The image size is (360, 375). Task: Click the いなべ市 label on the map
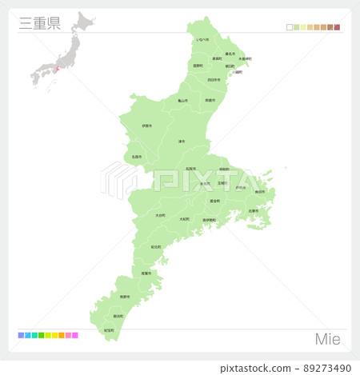coord(203,39)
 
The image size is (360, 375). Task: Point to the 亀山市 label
coord(182,101)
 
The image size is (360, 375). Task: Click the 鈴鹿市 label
coord(210,100)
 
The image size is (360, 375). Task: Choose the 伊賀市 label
coord(146,126)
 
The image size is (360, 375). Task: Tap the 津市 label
coord(182,142)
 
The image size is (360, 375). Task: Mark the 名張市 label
coord(137,157)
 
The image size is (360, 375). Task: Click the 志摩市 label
coord(253,211)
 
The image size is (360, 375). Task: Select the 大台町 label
coord(161,215)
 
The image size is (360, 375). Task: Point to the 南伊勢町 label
coord(209,220)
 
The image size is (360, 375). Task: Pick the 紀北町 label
coord(156,247)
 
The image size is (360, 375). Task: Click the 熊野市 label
coord(124,297)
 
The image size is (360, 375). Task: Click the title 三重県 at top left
coord(38,22)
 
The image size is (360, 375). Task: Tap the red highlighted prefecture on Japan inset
coord(58,69)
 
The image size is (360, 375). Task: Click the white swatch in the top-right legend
coord(290,27)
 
